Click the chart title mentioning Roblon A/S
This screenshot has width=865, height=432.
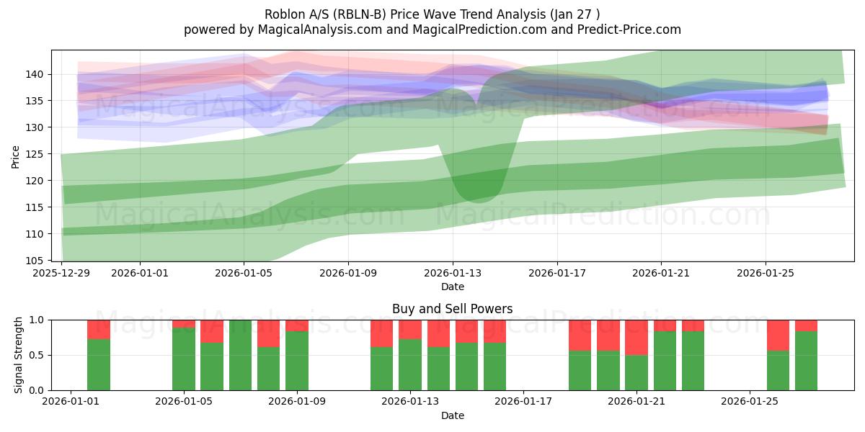[432, 14]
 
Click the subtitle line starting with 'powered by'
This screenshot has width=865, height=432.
[432, 30]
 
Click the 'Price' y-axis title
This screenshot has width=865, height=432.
[16, 156]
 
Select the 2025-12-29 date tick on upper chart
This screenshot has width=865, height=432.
[61, 273]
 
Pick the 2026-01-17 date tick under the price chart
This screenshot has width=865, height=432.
[556, 273]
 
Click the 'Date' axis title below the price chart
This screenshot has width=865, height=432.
[452, 287]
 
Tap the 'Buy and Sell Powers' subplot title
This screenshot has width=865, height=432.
[452, 309]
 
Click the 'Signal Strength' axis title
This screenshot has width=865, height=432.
[19, 355]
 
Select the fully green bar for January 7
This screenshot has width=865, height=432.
[240, 355]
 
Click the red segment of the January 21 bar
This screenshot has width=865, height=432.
[636, 337]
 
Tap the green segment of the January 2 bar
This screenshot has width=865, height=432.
[99, 365]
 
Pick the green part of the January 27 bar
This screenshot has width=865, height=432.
[806, 361]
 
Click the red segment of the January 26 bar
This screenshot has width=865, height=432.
[778, 334]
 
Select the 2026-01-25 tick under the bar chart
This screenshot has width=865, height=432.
[750, 402]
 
